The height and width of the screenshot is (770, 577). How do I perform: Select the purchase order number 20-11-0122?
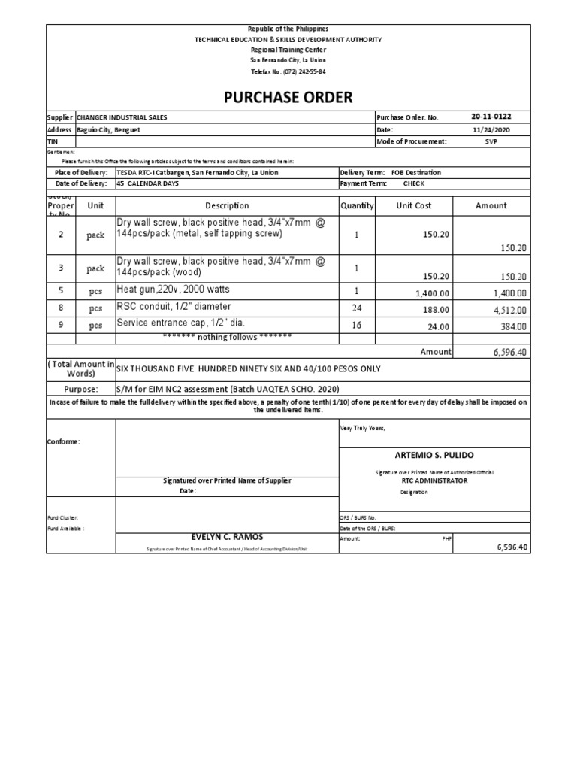click(491, 117)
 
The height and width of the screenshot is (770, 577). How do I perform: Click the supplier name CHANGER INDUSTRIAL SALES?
click(122, 117)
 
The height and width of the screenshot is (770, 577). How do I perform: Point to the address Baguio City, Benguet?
click(108, 129)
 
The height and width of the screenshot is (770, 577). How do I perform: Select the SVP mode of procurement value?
click(491, 141)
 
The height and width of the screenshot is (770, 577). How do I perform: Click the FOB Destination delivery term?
click(411, 172)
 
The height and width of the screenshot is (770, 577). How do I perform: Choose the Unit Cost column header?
click(414, 205)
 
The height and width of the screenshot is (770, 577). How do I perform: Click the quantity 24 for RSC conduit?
click(356, 308)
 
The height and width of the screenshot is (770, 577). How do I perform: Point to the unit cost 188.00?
click(436, 309)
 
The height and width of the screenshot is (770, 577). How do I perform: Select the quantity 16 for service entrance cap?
click(356, 325)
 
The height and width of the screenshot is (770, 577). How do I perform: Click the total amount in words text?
click(247, 368)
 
